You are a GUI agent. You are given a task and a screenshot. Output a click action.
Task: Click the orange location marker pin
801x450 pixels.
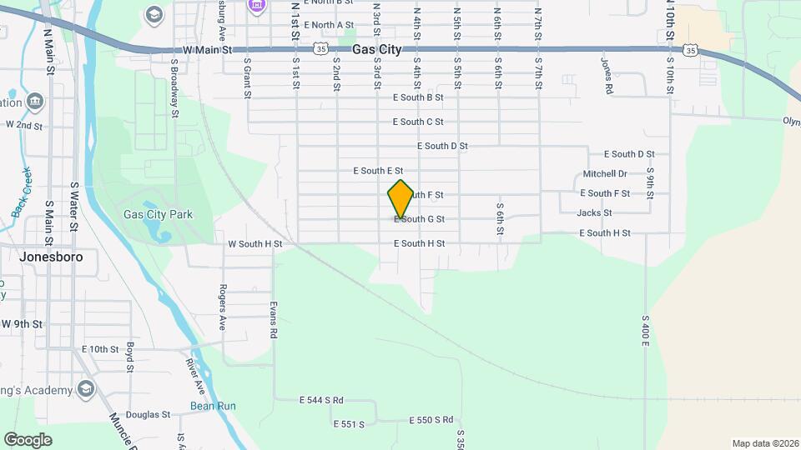(x=400, y=198)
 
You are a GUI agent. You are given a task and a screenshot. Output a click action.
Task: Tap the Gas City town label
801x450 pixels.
(x=376, y=50)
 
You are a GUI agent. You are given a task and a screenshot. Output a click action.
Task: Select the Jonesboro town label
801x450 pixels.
(x=50, y=257)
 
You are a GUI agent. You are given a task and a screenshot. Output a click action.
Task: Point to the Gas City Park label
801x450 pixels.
(x=158, y=214)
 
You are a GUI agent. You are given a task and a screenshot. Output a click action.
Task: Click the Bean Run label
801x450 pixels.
(x=213, y=406)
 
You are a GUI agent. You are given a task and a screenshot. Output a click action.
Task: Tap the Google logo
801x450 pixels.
(x=28, y=439)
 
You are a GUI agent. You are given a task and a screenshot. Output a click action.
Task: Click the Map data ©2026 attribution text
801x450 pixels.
(x=764, y=443)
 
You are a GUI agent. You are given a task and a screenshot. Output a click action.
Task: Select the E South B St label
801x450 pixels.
(x=417, y=97)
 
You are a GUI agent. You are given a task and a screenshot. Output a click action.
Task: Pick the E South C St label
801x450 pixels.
(x=418, y=122)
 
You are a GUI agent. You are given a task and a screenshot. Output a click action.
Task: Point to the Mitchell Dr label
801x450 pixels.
(x=605, y=174)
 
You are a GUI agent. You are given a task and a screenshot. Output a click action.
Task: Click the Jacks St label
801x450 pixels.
(x=594, y=212)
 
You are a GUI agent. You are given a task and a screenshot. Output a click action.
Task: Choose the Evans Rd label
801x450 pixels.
(x=273, y=319)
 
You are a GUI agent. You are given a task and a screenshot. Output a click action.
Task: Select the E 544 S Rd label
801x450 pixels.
(x=321, y=400)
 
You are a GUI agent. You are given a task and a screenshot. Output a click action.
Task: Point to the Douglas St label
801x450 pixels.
(x=148, y=414)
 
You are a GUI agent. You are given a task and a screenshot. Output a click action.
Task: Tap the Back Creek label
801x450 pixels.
(x=22, y=192)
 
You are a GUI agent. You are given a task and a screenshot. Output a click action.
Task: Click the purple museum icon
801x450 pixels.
(x=256, y=5)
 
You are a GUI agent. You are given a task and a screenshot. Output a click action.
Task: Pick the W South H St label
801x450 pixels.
(x=255, y=244)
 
